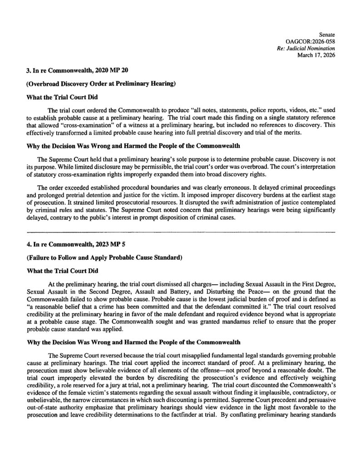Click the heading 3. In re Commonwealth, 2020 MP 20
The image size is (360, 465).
click(x=69, y=71)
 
